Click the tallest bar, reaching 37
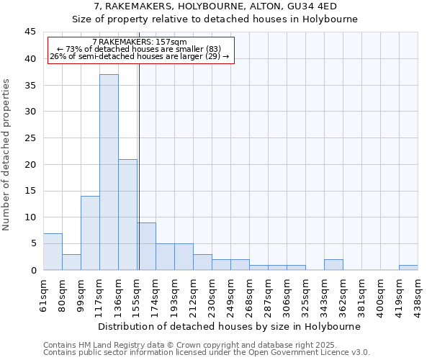coord(109,172)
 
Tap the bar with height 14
coord(90,233)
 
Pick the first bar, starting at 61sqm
coord(53,251)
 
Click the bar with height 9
coord(146,246)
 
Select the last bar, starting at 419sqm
coord(408,267)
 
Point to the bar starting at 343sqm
coord(333,264)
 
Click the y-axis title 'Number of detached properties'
coord(7,154)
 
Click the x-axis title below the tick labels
coord(230,326)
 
